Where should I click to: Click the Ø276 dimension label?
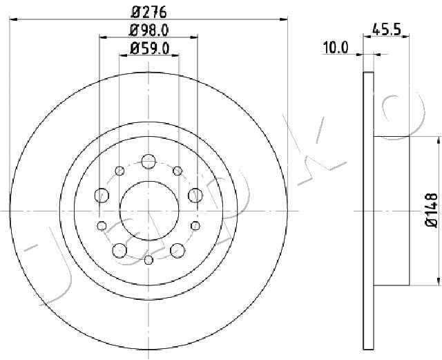[x=149, y=12]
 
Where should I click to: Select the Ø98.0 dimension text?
[x=149, y=30]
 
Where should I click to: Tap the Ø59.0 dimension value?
[x=149, y=48]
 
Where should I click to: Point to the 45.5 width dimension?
[x=387, y=29]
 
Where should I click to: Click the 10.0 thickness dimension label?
[x=336, y=48]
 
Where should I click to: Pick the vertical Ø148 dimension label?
[x=431, y=210]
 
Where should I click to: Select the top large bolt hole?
[x=148, y=162]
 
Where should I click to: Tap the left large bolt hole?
[x=102, y=196]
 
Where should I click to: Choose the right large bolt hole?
[x=195, y=196]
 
